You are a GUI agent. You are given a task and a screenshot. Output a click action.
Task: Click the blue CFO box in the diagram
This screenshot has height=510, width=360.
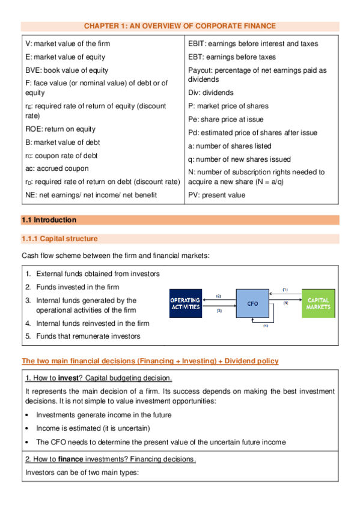253,304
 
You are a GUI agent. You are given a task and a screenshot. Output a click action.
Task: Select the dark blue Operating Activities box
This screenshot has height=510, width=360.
185,303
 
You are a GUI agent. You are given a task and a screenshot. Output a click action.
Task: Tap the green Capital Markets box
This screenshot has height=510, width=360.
319,303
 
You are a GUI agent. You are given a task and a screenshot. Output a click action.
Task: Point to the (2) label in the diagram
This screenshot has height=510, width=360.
219,296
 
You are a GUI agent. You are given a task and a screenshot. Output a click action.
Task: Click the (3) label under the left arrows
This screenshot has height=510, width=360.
219,311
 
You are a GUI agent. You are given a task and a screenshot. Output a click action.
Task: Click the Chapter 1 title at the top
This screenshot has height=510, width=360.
180,26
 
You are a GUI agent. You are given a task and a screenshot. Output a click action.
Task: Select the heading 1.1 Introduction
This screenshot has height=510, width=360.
49,220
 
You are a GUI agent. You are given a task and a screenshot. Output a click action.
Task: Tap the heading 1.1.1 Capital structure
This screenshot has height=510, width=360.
59,239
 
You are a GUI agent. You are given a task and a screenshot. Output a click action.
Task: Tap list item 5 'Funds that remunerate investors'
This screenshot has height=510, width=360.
88,336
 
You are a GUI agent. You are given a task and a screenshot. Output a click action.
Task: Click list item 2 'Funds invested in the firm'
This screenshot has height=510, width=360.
77,287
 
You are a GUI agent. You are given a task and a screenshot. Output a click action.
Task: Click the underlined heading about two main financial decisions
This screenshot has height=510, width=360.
150,361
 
